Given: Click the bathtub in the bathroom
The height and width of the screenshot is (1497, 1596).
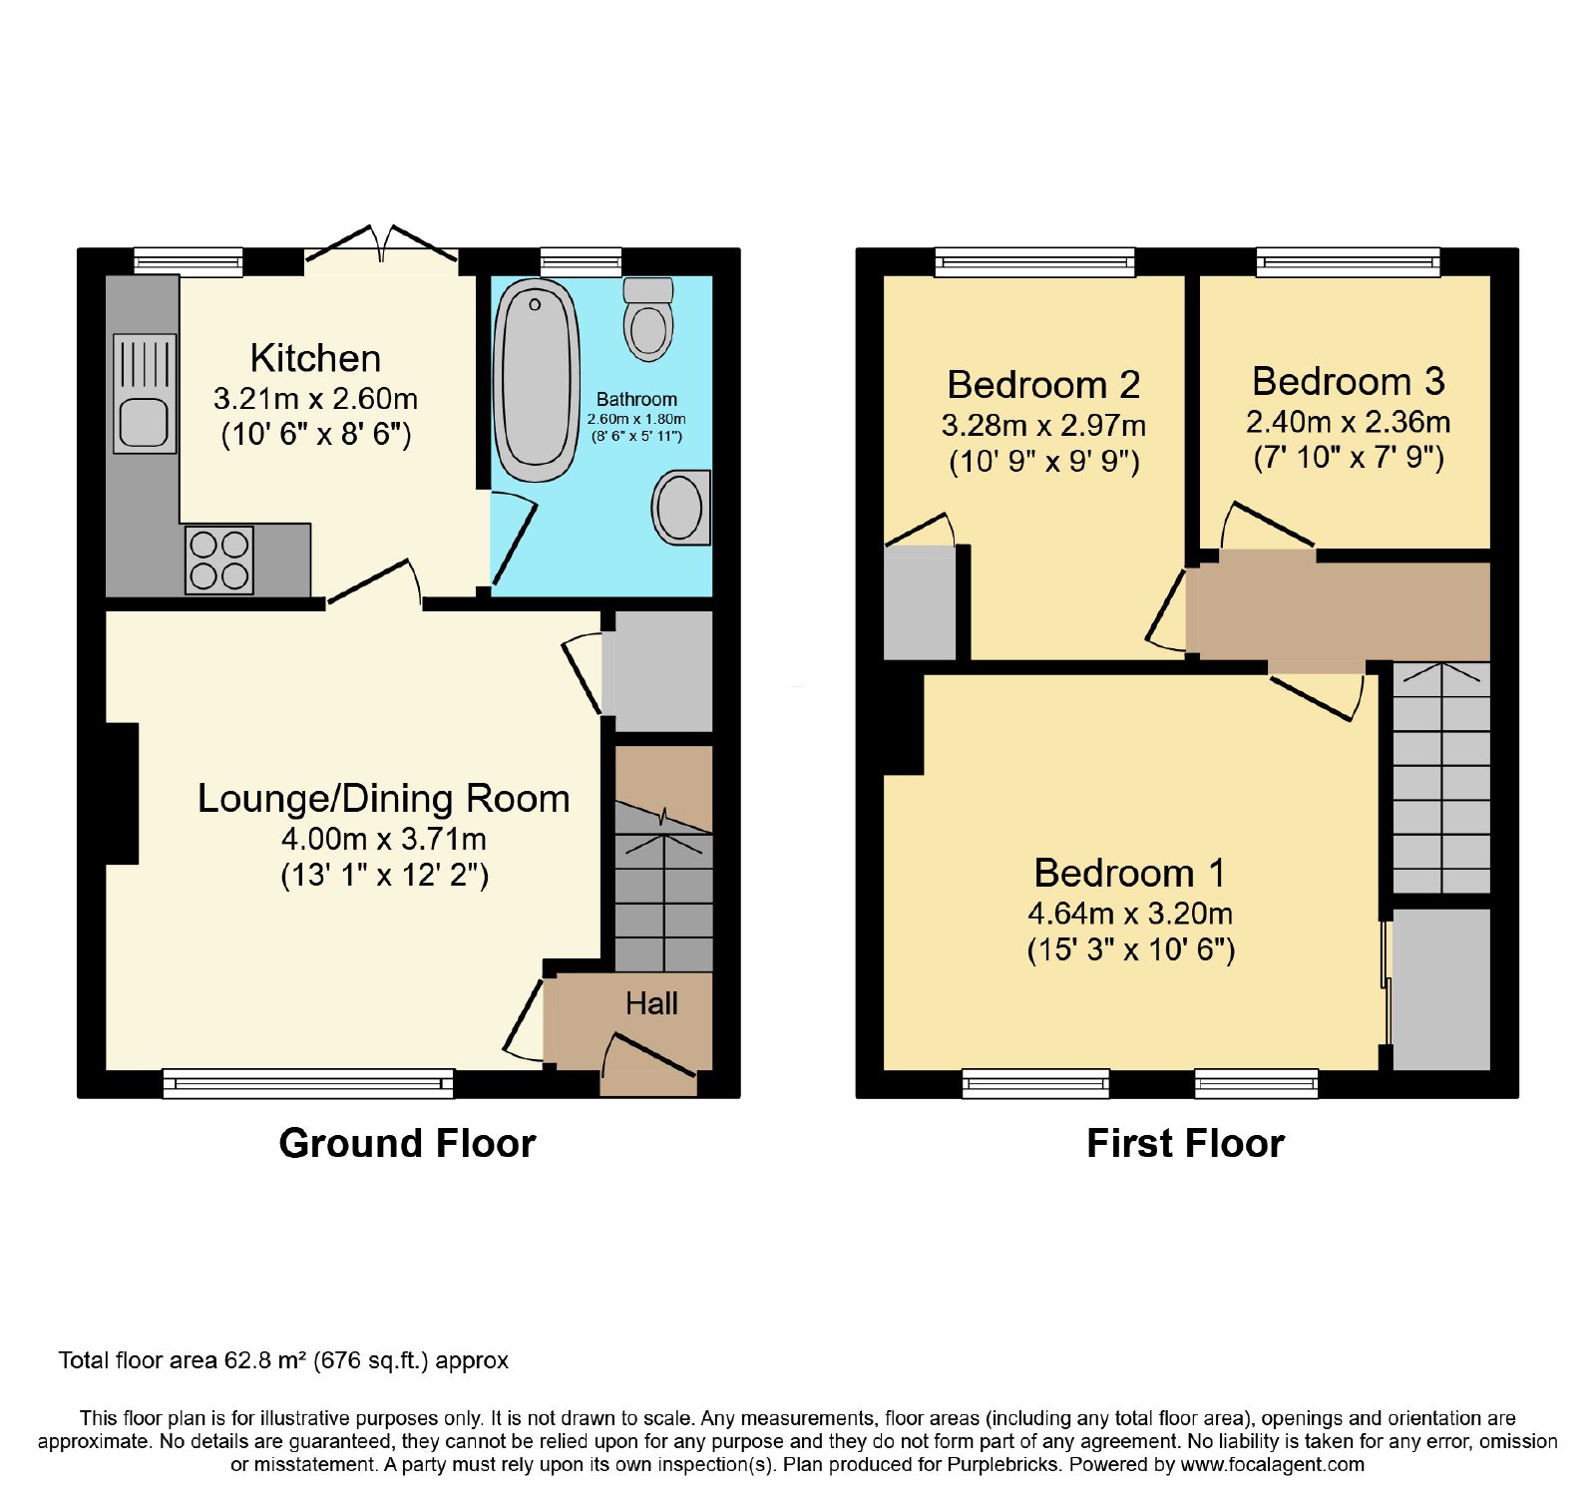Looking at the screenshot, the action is tap(537, 380).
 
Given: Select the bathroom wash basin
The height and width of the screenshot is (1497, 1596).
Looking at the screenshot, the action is tap(681, 507).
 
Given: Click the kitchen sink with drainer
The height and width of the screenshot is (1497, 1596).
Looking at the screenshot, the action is tap(145, 394).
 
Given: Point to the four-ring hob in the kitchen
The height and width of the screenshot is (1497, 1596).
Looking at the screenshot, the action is tap(219, 560).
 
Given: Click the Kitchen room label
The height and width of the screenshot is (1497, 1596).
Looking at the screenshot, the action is tap(315, 358).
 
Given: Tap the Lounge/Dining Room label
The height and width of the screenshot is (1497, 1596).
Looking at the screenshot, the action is tap(384, 798).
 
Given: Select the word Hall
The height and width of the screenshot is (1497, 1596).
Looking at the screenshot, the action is tap(651, 1003).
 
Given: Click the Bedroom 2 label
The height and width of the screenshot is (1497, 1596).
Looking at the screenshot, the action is tap(1043, 384).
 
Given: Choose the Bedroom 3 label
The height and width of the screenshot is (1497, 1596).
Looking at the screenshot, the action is tap(1349, 381).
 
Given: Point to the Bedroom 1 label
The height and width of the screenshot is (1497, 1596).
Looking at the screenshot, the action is tap(1130, 873).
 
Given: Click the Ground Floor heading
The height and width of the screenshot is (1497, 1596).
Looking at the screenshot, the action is tap(407, 1143).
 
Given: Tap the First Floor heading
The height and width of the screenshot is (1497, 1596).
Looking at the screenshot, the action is tap(1185, 1143).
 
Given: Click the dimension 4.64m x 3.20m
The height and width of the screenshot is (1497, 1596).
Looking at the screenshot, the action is tap(1130, 914).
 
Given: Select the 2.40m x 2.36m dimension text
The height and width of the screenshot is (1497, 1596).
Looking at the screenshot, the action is tap(1349, 422).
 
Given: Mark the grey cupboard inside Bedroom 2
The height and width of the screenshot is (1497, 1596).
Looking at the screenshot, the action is tap(920, 602).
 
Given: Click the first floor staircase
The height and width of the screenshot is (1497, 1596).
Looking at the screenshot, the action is tap(1441, 778).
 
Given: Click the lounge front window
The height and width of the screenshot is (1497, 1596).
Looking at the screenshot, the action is tap(308, 1083).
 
